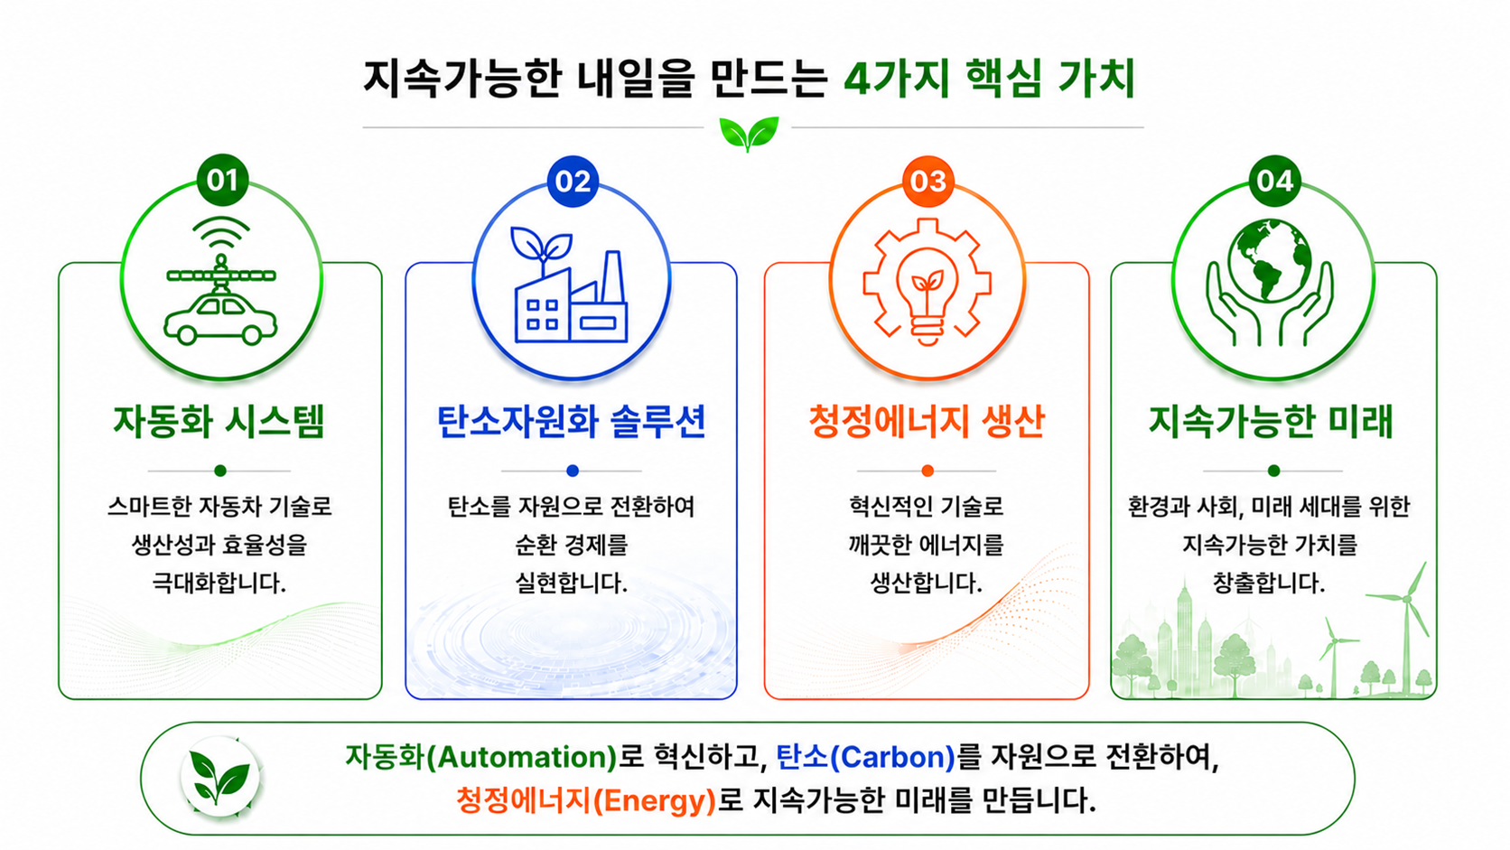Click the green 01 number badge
click(222, 180)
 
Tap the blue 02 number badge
click(573, 182)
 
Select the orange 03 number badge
click(928, 182)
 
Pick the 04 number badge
click(1274, 181)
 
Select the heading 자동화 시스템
click(219, 422)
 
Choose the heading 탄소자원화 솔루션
click(571, 422)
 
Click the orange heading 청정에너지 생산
click(927, 422)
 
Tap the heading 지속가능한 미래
click(1272, 422)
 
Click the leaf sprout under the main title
click(749, 133)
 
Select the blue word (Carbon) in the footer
click(892, 757)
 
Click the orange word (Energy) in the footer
click(653, 801)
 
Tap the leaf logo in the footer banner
click(219, 777)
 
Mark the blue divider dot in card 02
click(573, 471)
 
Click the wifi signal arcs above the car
click(221, 232)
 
